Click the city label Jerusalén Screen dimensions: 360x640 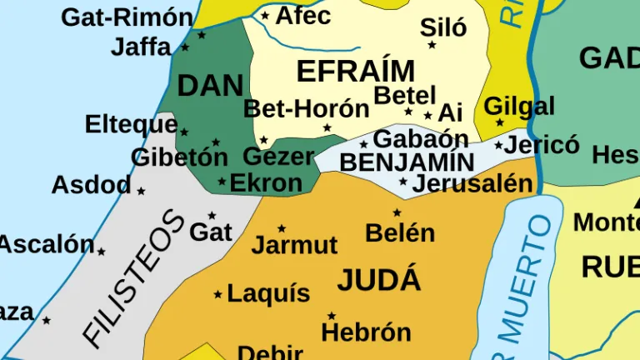click(472, 183)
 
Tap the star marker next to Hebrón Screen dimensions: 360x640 click(331, 316)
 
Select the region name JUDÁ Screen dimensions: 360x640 click(379, 281)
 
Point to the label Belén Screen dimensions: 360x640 click(400, 232)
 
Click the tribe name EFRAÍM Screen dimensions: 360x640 click(355, 72)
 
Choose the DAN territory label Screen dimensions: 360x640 click(210, 85)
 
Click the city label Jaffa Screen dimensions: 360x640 click(141, 47)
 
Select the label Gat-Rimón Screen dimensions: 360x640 click(127, 17)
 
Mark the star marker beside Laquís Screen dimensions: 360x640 click(218, 294)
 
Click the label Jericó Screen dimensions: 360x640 click(542, 144)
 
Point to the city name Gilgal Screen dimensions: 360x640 click(519, 107)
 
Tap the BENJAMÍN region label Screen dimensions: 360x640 click(407, 162)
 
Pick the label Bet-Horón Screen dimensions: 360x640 click(306, 109)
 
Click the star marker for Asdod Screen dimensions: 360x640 click(141, 191)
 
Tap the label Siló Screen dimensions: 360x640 click(443, 27)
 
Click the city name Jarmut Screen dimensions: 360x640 click(294, 245)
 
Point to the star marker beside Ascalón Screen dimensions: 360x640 click(101, 251)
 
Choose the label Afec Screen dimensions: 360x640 click(303, 15)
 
